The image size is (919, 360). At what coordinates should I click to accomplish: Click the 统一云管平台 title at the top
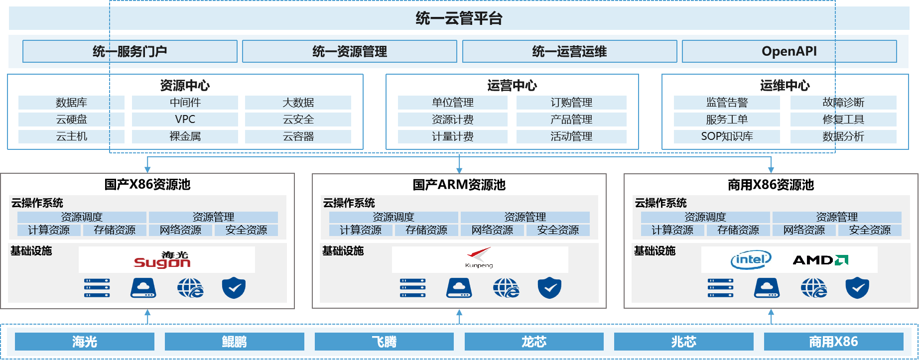[459, 18]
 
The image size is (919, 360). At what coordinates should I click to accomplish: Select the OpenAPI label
[789, 51]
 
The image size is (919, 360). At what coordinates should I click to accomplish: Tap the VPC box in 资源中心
[185, 120]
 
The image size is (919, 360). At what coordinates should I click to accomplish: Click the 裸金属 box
[185, 136]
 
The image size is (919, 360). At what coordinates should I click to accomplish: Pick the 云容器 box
[298, 136]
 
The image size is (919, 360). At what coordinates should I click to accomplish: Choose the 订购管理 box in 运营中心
[571, 103]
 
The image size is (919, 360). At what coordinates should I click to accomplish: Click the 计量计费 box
[452, 136]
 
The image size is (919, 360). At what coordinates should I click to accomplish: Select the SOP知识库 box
[727, 136]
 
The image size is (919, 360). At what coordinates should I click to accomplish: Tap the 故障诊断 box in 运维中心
[843, 103]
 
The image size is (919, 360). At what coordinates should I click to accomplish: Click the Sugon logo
[162, 260]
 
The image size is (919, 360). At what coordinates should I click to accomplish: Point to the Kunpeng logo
[479, 258]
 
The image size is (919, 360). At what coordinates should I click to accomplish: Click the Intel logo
[751, 259]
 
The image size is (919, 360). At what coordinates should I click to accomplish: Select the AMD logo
[820, 260]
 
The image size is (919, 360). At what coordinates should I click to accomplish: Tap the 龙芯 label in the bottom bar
[534, 342]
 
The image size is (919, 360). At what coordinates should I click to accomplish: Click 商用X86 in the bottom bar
[833, 342]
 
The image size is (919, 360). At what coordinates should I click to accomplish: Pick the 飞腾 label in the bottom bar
[384, 342]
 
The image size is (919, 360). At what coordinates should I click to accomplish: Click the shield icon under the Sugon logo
[234, 288]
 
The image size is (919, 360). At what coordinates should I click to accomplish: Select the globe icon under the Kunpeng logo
[506, 288]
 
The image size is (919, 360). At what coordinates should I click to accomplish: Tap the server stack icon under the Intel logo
[721, 288]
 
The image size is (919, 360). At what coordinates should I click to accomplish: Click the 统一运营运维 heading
[569, 51]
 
